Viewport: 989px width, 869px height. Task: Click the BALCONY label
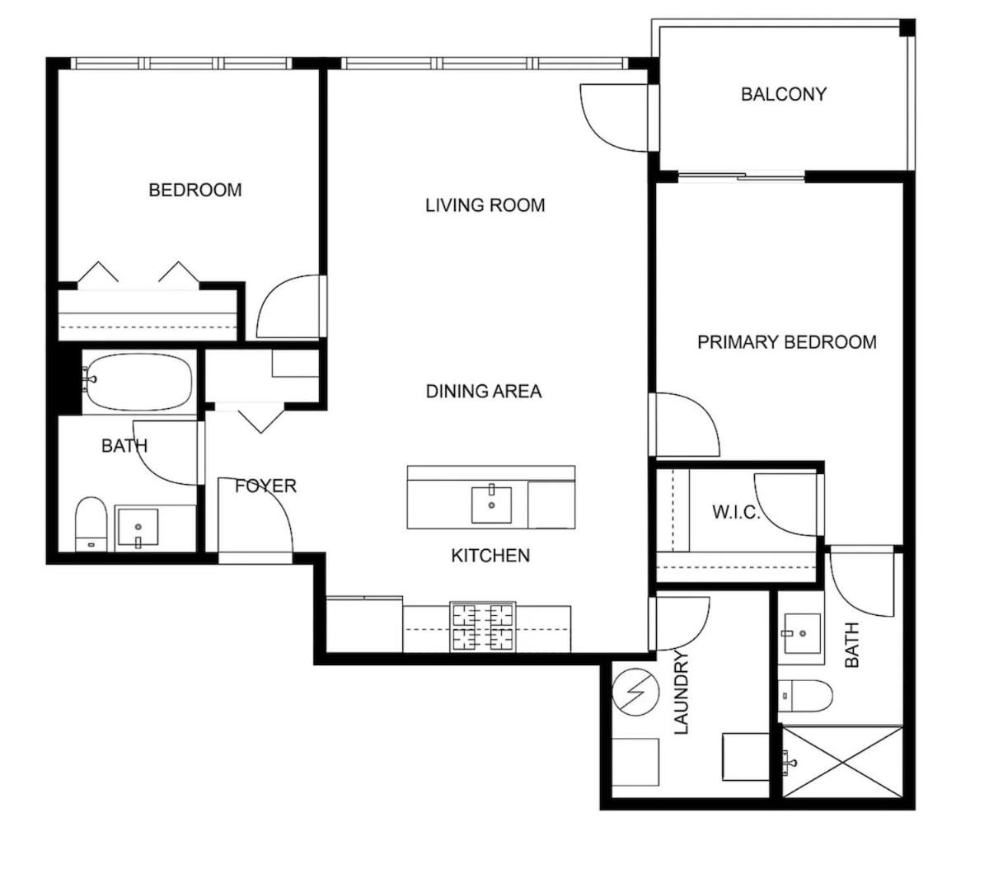[784, 94]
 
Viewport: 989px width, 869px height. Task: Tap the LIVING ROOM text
[485, 205]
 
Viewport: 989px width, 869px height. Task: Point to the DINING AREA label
[484, 392]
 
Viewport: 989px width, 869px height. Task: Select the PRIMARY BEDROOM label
[787, 342]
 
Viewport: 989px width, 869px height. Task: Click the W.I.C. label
[736, 512]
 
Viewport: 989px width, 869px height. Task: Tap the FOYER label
[265, 486]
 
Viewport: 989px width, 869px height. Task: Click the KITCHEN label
[490, 556]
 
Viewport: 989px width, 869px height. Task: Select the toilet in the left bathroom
[91, 524]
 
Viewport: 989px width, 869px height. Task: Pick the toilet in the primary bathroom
[804, 696]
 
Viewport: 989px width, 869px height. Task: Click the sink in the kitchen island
[491, 505]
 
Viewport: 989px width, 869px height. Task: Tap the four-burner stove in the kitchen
[483, 627]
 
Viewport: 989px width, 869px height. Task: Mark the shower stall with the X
[842, 761]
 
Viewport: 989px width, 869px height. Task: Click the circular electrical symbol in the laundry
[635, 692]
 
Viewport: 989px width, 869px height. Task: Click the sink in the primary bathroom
[802, 633]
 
